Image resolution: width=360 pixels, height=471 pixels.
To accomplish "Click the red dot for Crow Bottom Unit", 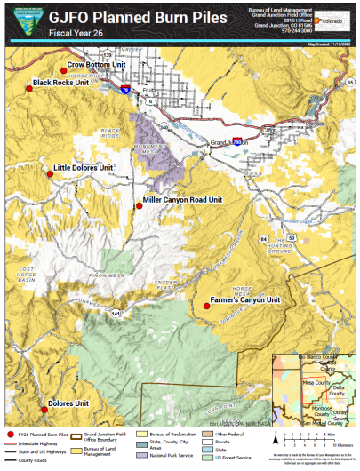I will click(x=63, y=69).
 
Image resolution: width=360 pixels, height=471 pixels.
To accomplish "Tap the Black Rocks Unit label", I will click(x=60, y=83).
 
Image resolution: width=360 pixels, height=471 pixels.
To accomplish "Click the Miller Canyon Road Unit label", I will click(x=182, y=201).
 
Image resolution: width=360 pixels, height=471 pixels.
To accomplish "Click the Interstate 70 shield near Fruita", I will click(x=124, y=90).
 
